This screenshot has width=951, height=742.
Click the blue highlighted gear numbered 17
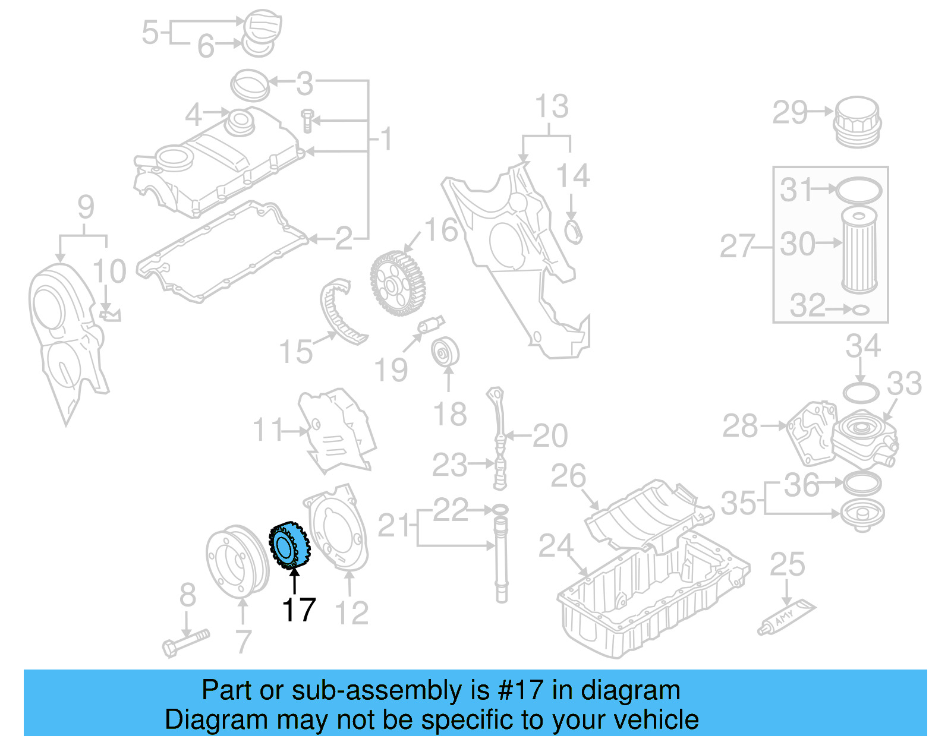click(289, 545)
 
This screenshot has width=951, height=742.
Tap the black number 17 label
click(298, 610)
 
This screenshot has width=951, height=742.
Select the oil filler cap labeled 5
click(262, 26)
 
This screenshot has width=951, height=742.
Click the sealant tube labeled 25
click(786, 617)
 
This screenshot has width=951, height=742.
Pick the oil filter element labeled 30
click(859, 248)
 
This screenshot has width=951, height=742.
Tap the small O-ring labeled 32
click(860, 310)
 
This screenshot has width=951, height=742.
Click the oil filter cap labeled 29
click(856, 122)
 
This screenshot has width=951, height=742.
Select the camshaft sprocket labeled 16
click(397, 283)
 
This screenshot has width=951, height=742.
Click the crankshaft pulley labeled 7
click(237, 561)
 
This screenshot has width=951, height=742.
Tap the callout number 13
click(552, 108)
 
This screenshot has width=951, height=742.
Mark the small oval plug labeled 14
click(574, 231)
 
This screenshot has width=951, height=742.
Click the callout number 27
click(737, 247)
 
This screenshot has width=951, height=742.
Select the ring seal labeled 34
click(861, 393)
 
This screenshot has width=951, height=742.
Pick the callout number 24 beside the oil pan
click(556, 546)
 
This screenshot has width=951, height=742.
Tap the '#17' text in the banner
click(521, 690)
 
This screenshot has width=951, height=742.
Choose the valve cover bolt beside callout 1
click(307, 121)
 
